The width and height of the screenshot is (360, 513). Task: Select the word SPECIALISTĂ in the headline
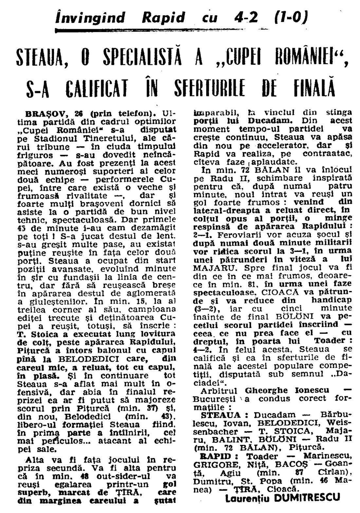pos(140,58)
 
